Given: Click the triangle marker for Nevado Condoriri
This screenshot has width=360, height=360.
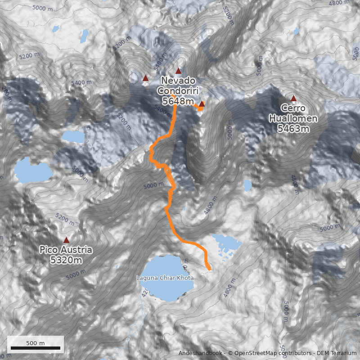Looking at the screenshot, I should (178, 71).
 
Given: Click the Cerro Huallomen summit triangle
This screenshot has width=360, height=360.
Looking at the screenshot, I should (294, 98).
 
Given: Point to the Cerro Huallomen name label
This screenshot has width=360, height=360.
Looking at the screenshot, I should (293, 113).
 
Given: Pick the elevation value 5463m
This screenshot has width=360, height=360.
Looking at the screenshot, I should (293, 129).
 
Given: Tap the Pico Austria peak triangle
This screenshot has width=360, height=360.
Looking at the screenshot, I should (67, 240).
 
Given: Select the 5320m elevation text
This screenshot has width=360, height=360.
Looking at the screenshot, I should (66, 260).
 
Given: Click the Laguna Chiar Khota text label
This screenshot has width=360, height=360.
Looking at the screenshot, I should (165, 278).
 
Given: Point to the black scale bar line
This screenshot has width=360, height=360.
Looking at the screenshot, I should (36, 348).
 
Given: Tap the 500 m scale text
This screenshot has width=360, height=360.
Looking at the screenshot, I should (35, 343).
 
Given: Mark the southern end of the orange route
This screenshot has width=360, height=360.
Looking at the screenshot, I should (209, 269).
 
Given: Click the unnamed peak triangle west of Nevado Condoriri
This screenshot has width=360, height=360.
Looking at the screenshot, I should (145, 78).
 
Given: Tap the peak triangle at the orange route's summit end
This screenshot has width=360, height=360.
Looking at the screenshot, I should (202, 104).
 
